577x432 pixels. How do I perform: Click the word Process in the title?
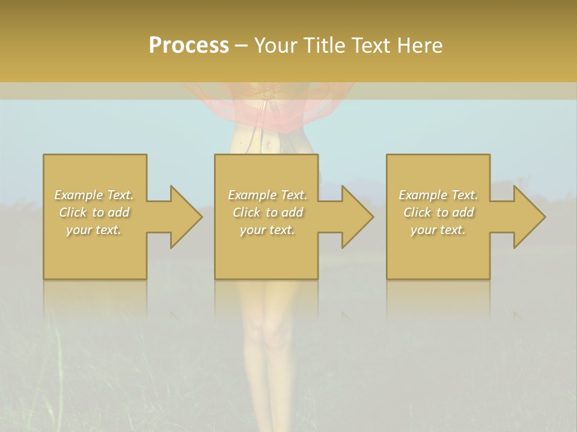pyautogui.click(x=189, y=46)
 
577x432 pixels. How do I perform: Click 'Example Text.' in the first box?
pyautogui.click(x=94, y=195)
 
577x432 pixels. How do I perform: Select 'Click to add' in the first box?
pyautogui.click(x=94, y=212)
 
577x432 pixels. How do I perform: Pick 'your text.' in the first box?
pyautogui.click(x=94, y=230)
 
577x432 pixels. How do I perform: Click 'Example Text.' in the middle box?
pyautogui.click(x=267, y=195)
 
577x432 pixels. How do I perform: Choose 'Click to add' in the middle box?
pyautogui.click(x=267, y=212)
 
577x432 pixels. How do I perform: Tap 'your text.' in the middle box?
pyautogui.click(x=267, y=230)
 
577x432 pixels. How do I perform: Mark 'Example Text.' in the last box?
pyautogui.click(x=438, y=195)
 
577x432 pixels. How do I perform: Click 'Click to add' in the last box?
pyautogui.click(x=438, y=212)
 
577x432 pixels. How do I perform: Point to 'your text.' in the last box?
pyautogui.click(x=438, y=230)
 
